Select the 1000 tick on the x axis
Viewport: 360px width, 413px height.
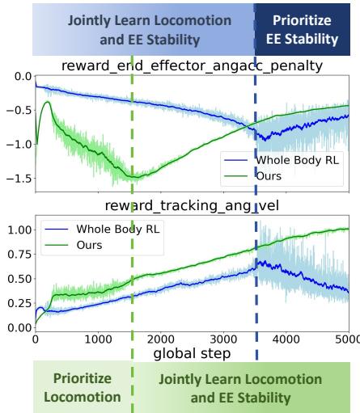[x=98, y=340]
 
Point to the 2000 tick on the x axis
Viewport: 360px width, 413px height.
[x=161, y=340]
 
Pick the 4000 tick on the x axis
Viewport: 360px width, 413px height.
[x=287, y=340]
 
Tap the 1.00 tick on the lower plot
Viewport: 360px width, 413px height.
[x=16, y=230]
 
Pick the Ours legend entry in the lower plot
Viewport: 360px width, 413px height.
[x=92, y=243]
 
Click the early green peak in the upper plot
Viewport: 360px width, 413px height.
[x=48, y=103]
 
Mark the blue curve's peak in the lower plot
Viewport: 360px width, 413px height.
[x=257, y=262]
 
